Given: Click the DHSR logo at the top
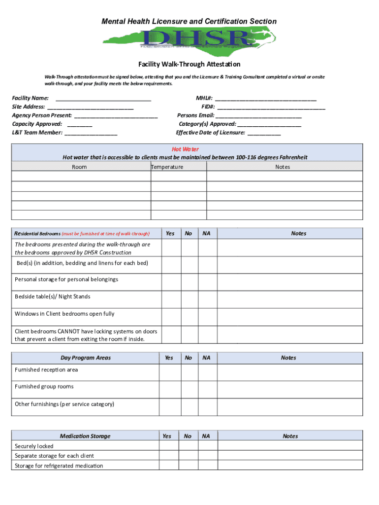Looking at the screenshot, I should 189,38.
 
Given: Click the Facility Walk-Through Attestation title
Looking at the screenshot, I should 189,65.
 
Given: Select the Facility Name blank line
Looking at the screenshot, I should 103,99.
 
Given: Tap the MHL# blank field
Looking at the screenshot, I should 266,99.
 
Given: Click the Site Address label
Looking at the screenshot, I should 29,107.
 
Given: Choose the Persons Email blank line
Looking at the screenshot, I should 258,116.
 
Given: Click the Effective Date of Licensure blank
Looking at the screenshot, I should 264,133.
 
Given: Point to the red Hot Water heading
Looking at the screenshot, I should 185,149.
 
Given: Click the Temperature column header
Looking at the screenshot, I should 167,167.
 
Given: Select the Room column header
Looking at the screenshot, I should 79,167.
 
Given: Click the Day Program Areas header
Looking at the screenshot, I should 86,358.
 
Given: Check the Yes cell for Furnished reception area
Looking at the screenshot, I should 170,370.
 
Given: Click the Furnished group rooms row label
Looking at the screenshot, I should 44,387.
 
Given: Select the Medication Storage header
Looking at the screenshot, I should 85,436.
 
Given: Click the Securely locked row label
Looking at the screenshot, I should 34,446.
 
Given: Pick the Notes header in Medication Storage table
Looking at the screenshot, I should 290,436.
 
